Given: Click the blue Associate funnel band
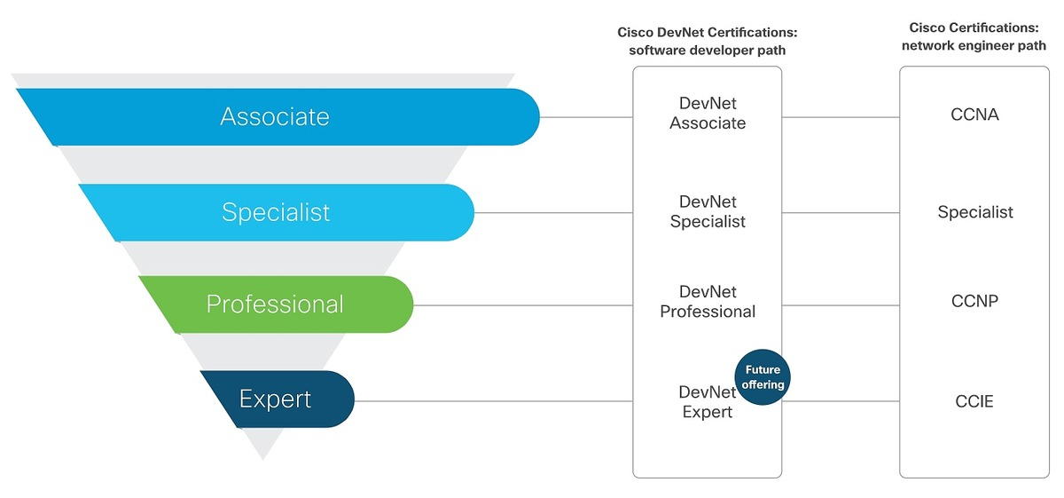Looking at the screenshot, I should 275,116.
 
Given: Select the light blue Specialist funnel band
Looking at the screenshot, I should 275,212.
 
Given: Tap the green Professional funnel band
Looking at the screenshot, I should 275,304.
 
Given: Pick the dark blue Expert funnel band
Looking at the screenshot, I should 276,399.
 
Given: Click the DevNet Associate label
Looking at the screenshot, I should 708,114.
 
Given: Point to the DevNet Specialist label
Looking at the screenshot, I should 708,212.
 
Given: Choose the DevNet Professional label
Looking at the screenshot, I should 708,302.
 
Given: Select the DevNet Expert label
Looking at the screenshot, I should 707,402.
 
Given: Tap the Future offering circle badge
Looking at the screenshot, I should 763,378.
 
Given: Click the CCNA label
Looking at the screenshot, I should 974,115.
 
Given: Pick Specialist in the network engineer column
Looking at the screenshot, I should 975,212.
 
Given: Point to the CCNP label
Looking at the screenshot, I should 974,301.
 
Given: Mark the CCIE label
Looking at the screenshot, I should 974,401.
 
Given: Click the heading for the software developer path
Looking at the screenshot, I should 708,41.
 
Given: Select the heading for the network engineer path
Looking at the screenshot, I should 974,36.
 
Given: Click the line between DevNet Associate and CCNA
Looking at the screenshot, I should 841,116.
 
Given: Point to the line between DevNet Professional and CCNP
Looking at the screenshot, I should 841,305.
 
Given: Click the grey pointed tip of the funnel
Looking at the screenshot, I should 262,448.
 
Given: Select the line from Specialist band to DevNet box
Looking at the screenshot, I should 553,213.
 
